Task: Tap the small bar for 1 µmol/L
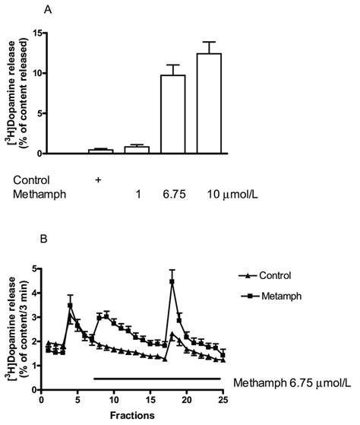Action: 135,150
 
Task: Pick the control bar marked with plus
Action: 100,151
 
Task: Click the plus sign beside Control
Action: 98,180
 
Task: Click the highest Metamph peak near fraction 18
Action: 172,282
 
